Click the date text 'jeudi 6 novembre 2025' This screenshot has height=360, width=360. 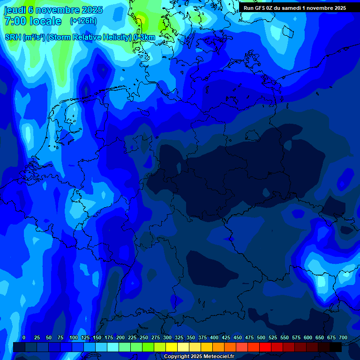pos(53,10)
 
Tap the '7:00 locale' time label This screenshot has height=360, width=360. pos(33,21)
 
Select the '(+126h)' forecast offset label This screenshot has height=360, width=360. pos(83,21)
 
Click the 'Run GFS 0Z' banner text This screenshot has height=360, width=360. pos(261,8)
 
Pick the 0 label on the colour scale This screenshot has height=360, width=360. pos(24,338)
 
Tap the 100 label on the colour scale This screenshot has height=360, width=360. pos(74,338)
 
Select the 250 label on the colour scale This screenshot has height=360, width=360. pos(144,338)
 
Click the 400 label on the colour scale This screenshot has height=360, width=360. pos(214,338)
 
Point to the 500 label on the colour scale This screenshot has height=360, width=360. pos(261,338)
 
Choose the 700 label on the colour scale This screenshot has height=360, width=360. pos(343,338)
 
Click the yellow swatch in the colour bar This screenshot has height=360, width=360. pos(171,347)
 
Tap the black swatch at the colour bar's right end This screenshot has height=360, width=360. pos(335,347)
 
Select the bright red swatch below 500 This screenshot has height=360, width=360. pos(265,347)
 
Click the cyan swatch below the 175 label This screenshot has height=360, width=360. pos(112,347)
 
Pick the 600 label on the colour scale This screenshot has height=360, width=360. pos(308,338)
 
